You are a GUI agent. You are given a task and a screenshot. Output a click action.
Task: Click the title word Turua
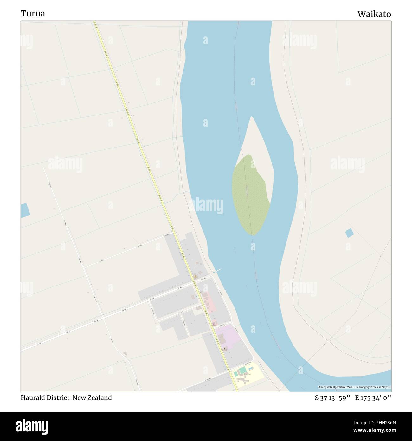[33, 14]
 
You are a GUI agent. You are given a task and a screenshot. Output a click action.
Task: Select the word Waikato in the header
[374, 14]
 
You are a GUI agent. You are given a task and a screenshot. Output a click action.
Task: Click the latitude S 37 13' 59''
[332, 398]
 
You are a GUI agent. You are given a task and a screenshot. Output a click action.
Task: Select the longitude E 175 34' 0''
[373, 398]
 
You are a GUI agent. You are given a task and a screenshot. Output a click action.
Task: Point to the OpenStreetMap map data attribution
[355, 387]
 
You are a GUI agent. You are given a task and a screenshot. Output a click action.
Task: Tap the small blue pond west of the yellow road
[25, 210]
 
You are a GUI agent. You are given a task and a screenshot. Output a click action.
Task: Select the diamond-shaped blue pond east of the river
[349, 233]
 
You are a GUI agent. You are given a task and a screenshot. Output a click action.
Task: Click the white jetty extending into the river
[217, 271]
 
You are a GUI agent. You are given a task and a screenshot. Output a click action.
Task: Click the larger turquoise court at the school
[242, 370]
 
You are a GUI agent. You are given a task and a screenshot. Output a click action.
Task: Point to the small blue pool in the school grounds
[251, 368]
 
